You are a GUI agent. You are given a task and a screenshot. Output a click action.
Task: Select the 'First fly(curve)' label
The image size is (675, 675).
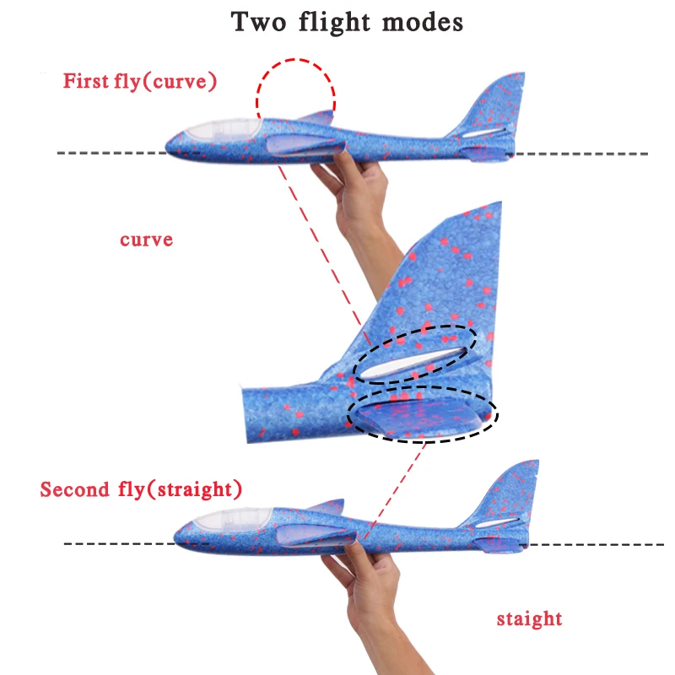tap(140, 82)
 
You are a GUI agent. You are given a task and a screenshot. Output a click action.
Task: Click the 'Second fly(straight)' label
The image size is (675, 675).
tap(141, 489)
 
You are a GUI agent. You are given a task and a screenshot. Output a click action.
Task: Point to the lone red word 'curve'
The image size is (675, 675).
tap(146, 240)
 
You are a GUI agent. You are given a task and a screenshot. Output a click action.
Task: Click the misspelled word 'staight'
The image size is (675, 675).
tap(529, 619)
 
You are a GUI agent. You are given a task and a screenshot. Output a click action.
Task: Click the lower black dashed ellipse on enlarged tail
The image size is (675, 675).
tap(422, 414)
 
